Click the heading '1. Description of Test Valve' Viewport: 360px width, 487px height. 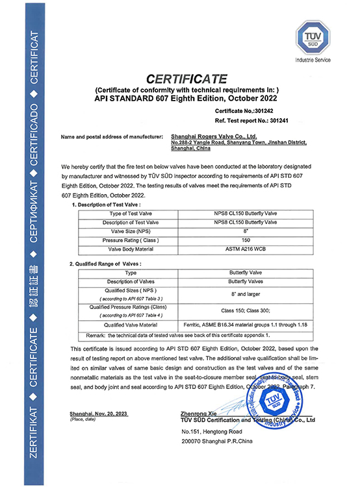(110, 205)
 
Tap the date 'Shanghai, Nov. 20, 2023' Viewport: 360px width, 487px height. (98, 413)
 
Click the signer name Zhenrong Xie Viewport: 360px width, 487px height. (202, 413)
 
